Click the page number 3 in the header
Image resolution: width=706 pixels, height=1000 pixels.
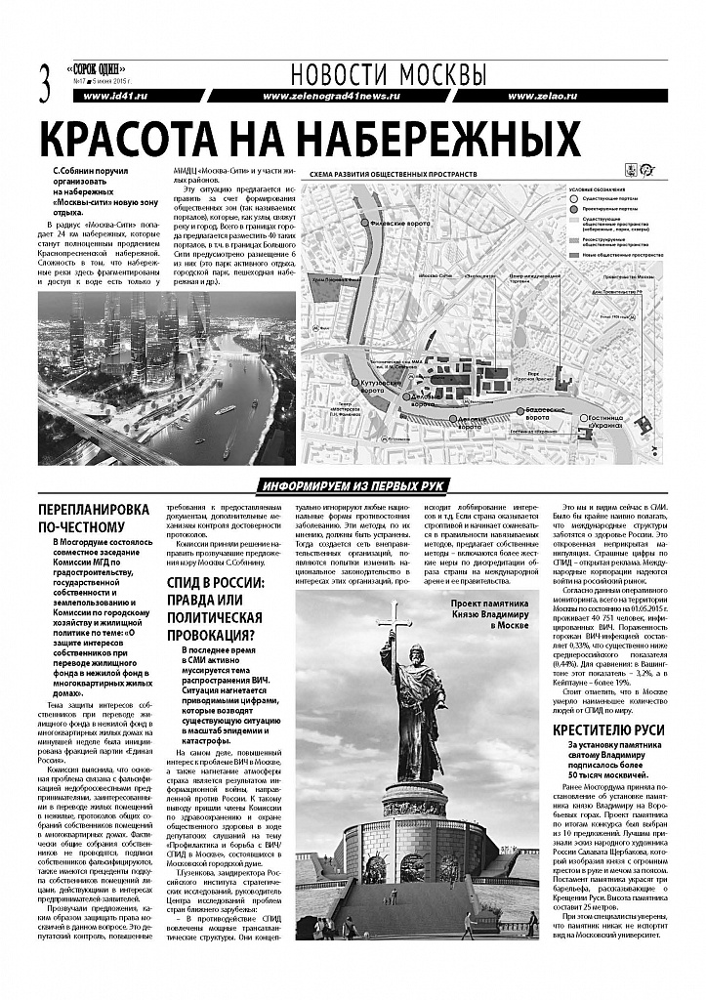(43, 81)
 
